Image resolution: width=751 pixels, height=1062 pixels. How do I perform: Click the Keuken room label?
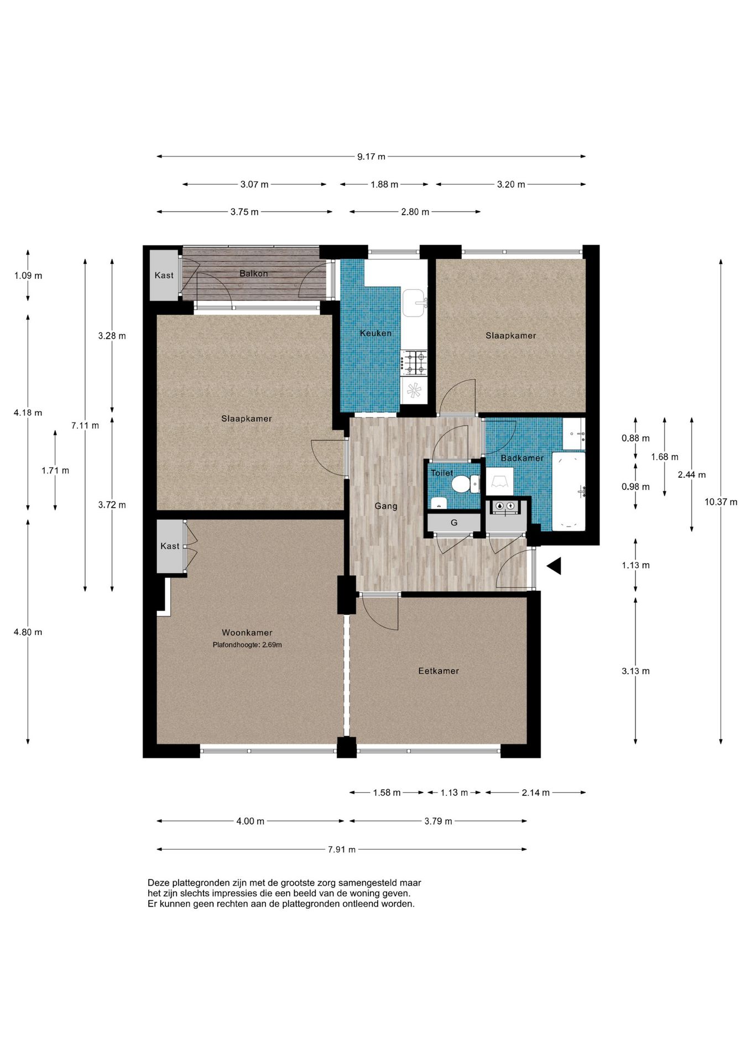375,333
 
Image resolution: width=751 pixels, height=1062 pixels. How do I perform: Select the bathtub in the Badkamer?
569,491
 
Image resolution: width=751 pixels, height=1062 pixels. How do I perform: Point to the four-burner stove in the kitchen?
414,363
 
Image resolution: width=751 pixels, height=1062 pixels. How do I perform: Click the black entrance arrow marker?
554,566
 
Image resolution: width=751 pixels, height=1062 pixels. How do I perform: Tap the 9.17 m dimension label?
371,157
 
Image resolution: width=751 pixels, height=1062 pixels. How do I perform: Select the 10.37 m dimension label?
721,502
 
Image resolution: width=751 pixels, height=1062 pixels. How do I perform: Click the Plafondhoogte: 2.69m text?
247,645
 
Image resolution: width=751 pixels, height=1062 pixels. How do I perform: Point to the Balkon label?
254,273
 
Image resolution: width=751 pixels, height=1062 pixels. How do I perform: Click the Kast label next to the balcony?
164,275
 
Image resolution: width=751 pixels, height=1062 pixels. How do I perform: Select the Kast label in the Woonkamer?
170,546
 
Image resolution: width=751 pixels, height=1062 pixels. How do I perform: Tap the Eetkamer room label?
439,671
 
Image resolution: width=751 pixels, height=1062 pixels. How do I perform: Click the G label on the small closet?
454,523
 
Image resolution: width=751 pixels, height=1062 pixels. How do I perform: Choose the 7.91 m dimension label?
342,850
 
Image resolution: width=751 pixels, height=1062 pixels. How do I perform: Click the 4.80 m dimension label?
28,632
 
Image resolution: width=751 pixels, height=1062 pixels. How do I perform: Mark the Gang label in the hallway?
386,506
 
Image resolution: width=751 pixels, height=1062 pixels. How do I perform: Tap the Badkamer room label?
522,458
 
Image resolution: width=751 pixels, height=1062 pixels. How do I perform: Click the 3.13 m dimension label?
635,671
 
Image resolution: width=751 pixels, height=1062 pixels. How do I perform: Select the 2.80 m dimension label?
415,212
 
